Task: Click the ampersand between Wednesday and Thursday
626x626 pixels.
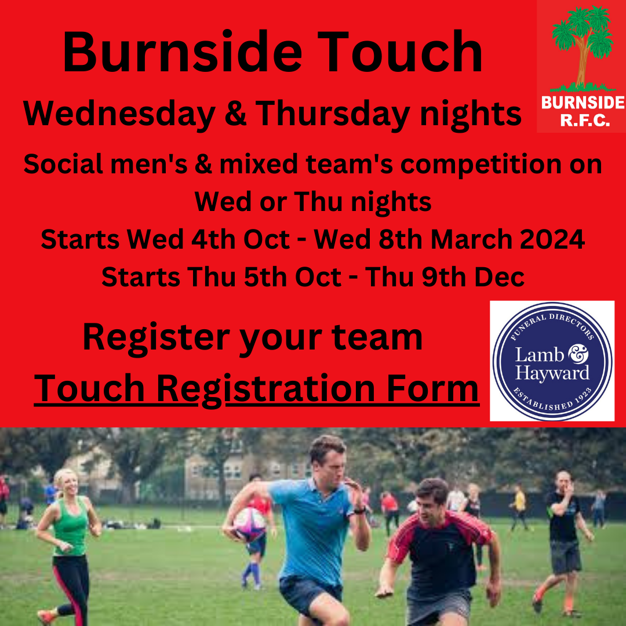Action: (235, 114)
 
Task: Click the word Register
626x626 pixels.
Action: (155, 337)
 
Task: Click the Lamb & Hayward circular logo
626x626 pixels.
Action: (552, 361)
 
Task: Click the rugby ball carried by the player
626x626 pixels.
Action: (249, 523)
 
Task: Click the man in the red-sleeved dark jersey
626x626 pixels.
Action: (439, 551)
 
